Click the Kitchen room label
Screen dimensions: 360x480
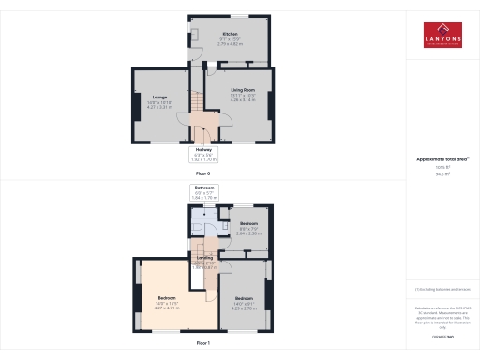(229, 33)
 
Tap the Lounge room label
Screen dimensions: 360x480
(159, 96)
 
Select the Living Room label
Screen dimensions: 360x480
(243, 90)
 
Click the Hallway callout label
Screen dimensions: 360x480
(203, 149)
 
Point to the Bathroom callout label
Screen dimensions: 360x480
(204, 187)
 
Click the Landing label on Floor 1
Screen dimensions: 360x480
(205, 257)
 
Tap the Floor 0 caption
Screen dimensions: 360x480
(202, 173)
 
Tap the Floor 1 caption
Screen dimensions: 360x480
(202, 343)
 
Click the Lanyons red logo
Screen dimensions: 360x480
(442, 36)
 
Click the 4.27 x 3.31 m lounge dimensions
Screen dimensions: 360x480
(159, 107)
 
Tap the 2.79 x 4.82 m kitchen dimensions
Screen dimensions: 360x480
(230, 44)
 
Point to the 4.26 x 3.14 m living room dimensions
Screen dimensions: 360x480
(243, 100)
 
